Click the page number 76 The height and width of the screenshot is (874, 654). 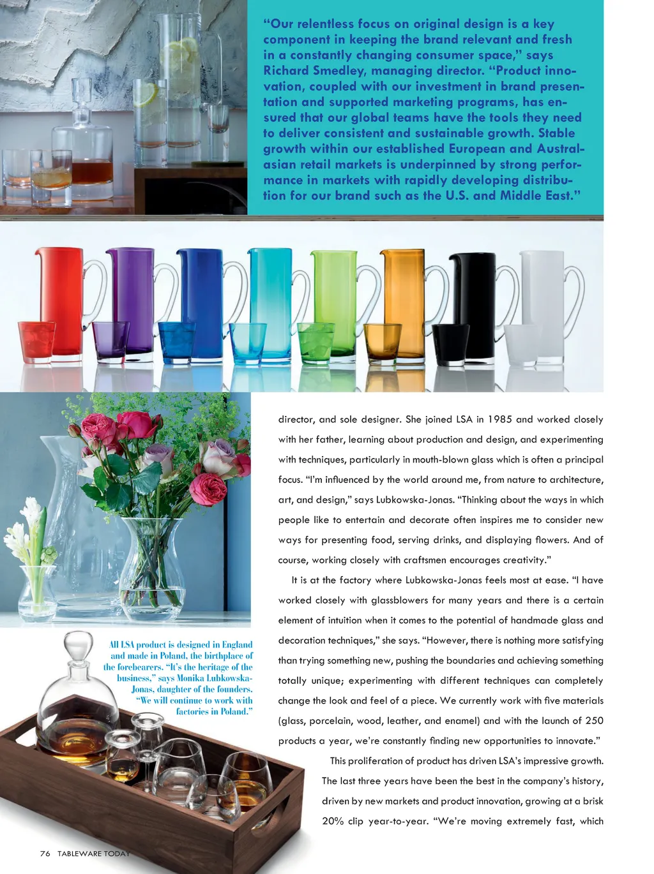coord(45,854)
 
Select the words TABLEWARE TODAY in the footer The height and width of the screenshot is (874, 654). coord(93,854)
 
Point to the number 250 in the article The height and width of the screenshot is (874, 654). coord(594,721)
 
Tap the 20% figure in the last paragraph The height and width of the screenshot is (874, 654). coord(333,821)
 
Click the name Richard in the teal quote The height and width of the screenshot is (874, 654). coord(286,71)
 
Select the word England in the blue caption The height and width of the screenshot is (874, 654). coord(237,645)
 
